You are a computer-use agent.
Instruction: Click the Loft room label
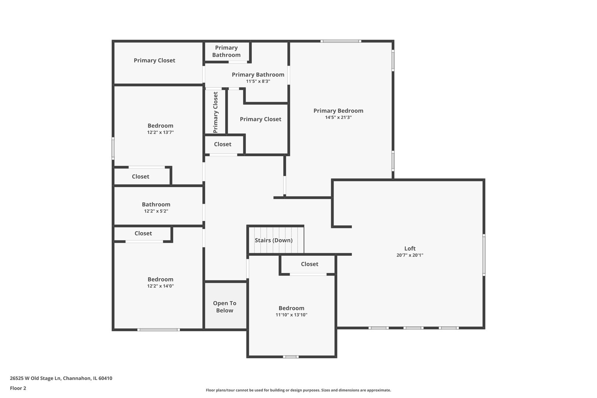pos(410,248)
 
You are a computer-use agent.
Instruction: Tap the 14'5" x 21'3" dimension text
pos(338,118)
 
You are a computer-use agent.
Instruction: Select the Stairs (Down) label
pos(273,240)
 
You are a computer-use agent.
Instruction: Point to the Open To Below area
pos(225,307)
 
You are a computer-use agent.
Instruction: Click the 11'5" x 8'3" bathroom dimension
pos(258,81)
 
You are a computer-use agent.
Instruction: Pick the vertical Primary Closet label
pos(216,112)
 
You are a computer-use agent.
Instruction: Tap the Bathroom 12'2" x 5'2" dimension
pos(156,211)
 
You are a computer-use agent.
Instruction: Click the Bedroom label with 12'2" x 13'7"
pos(160,126)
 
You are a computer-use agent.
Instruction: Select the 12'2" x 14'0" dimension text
pos(160,286)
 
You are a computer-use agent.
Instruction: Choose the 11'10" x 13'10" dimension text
pos(291,315)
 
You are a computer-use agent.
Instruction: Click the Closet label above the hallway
pos(223,144)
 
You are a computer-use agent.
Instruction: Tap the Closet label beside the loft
pos(310,264)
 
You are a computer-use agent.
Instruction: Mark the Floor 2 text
pos(18,388)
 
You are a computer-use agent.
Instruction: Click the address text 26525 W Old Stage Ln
pos(61,378)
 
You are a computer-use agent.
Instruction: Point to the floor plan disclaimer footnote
pos(298,390)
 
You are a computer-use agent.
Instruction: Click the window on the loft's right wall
pos(484,255)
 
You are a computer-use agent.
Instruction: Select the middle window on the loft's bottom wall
pos(413,328)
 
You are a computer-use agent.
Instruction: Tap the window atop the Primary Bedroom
pos(340,41)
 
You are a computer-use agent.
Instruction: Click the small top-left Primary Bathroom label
pos(226,51)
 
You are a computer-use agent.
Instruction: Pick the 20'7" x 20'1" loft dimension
pos(410,255)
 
